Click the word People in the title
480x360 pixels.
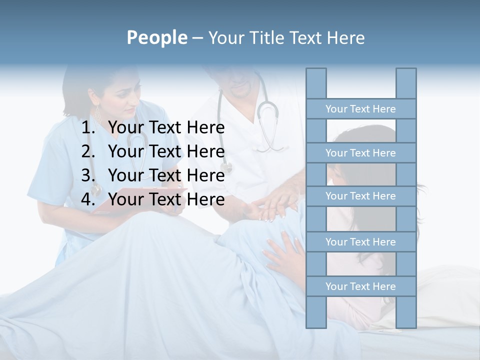point(157,37)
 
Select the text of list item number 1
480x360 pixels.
point(166,128)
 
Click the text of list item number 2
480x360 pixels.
point(166,151)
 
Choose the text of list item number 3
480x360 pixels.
point(166,175)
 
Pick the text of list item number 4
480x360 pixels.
point(166,199)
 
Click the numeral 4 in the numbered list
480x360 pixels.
point(87,199)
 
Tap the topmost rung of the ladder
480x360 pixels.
point(360,109)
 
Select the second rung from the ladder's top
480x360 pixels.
point(360,153)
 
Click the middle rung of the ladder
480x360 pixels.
point(360,196)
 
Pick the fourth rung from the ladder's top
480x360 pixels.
point(360,242)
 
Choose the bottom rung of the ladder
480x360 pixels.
point(360,286)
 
